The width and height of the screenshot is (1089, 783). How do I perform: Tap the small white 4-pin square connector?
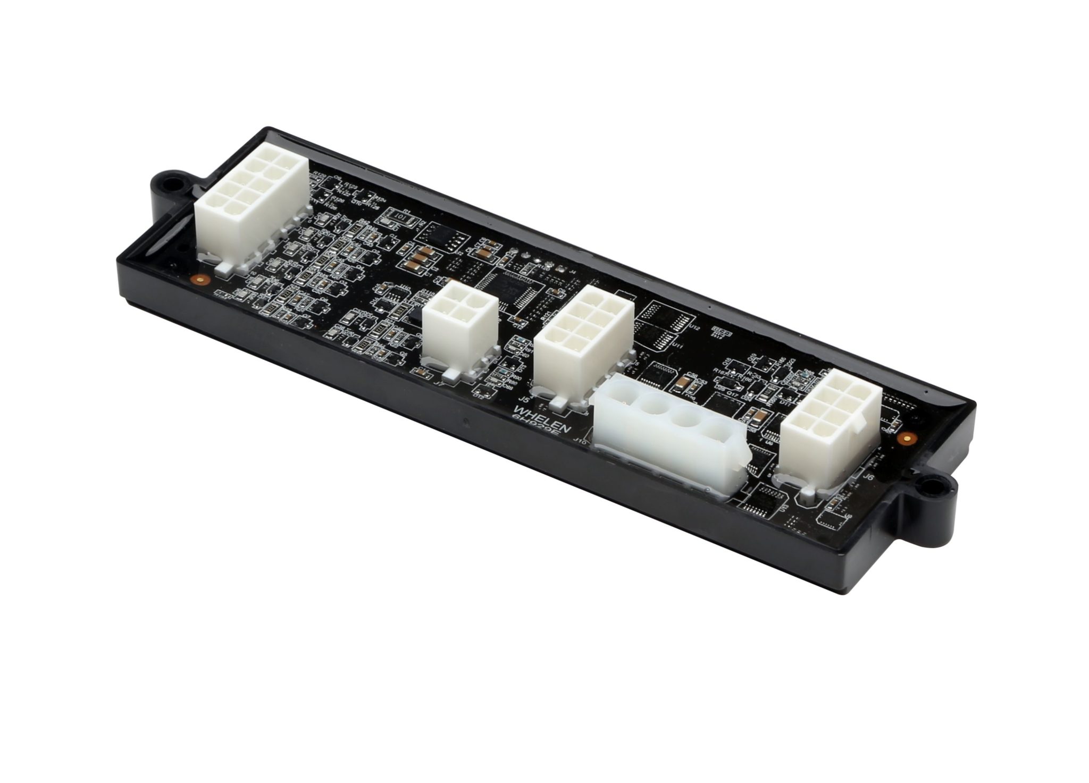[x=460, y=329]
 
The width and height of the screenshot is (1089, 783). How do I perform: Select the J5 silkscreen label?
[x=524, y=399]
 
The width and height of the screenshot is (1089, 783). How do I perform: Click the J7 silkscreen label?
[x=439, y=382]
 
